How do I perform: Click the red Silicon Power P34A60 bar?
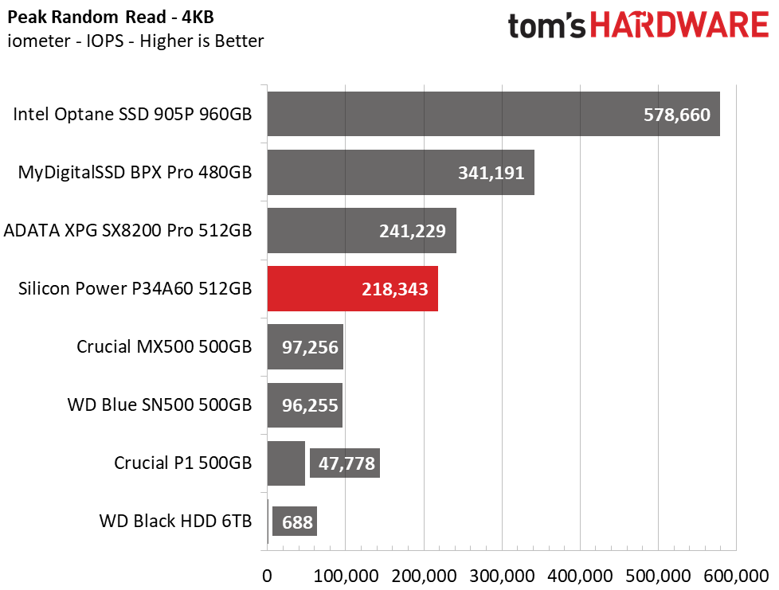(353, 288)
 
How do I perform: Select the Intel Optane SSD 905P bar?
(494, 114)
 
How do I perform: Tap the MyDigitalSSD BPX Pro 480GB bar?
(401, 172)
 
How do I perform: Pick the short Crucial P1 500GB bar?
(286, 463)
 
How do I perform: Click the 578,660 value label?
(677, 115)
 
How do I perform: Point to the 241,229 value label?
(413, 231)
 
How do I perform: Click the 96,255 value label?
(310, 405)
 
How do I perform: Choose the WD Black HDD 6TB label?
(175, 521)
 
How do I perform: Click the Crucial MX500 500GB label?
(164, 346)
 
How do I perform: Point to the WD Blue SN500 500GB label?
(159, 404)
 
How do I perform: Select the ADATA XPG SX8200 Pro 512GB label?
(127, 230)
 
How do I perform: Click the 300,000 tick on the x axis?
(502, 576)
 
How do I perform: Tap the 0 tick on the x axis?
(268, 576)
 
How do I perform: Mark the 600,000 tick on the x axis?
(736, 576)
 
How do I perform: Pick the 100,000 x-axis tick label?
(346, 576)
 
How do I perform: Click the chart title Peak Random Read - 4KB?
(111, 18)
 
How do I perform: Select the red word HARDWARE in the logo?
(679, 25)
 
